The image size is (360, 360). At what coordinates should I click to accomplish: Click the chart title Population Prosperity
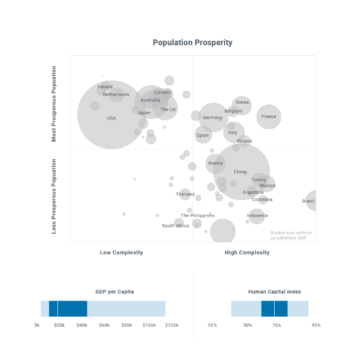point(192,43)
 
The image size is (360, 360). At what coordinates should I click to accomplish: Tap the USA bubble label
point(111,118)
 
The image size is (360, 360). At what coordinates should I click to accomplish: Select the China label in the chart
point(240,172)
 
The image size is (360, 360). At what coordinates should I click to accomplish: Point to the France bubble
point(269,117)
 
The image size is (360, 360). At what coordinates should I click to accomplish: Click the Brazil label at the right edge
point(309,201)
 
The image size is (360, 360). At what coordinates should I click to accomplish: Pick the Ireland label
point(105,87)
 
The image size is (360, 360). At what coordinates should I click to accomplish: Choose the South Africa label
point(175,226)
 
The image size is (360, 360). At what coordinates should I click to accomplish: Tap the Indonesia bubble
point(257,216)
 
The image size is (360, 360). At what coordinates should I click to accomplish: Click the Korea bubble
point(242,103)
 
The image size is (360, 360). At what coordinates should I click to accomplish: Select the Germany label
point(213,118)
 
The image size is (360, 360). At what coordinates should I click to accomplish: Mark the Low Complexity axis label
point(122,253)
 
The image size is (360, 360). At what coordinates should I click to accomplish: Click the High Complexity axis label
point(247,253)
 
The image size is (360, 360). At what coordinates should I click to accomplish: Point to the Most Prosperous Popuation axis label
point(54,104)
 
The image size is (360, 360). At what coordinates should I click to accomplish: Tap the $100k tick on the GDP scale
point(149,325)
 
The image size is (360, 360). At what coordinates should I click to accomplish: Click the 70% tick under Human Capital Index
point(277,325)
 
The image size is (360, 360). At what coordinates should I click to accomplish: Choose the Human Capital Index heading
point(274,292)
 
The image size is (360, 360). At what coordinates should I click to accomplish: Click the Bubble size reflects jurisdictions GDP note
point(291,235)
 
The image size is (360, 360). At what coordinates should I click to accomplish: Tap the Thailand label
point(185,195)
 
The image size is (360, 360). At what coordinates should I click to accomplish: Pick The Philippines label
point(197,216)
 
